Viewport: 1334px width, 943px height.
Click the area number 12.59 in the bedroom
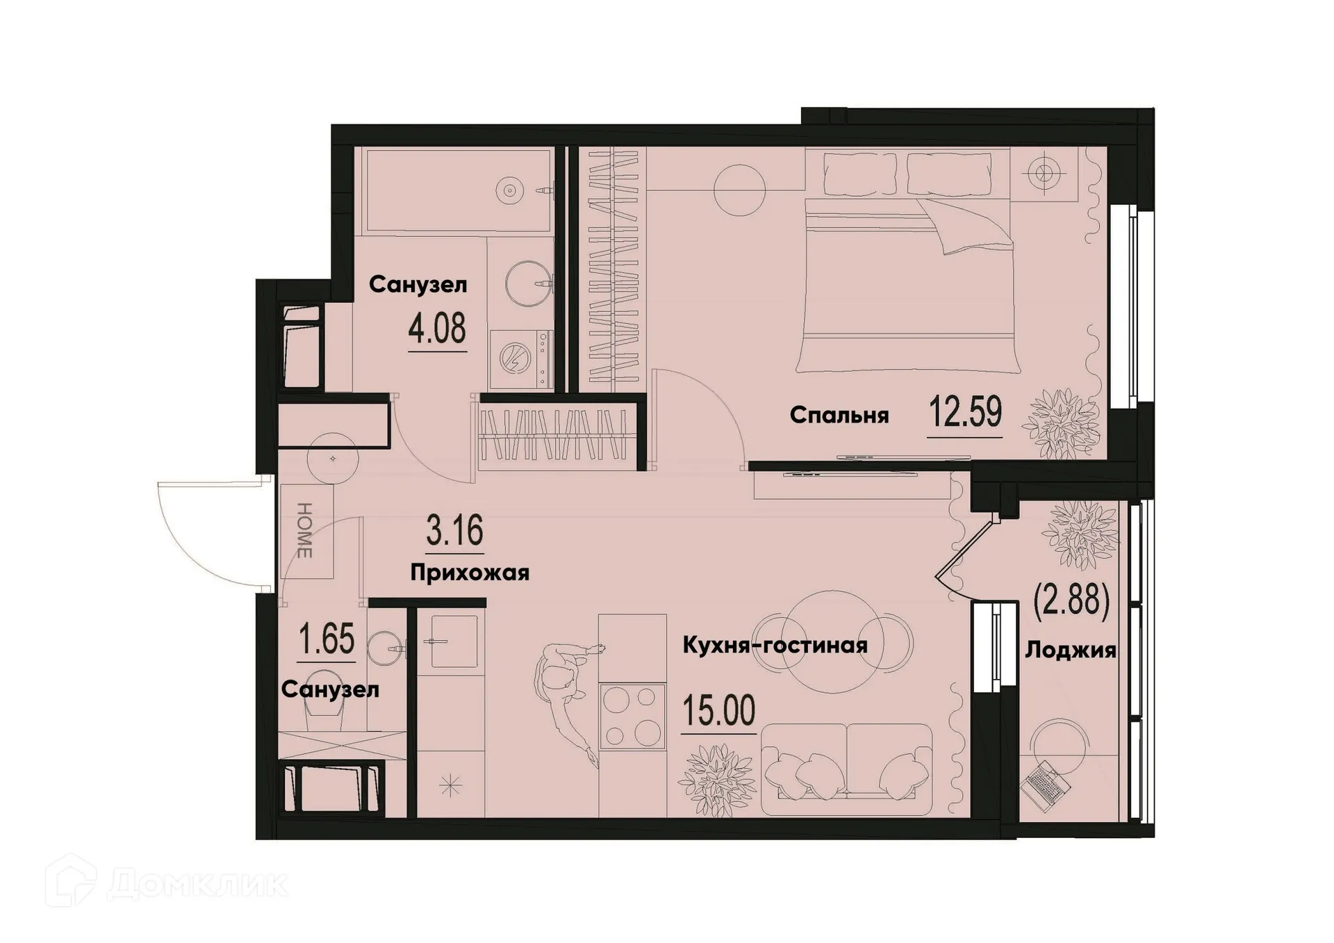pyautogui.click(x=965, y=413)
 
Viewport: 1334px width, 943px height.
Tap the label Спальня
pyautogui.click(x=839, y=416)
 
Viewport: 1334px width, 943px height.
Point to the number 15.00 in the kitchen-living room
pyautogui.click(x=718, y=710)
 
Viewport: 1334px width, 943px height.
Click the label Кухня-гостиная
pyautogui.click(x=775, y=646)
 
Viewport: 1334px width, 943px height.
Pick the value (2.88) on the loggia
pyautogui.click(x=1071, y=600)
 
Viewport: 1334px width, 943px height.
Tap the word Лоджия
pyautogui.click(x=1071, y=650)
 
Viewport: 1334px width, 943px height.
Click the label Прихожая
pyautogui.click(x=470, y=573)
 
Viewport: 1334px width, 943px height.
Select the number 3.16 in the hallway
pyautogui.click(x=454, y=532)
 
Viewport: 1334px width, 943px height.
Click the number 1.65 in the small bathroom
pyautogui.click(x=327, y=639)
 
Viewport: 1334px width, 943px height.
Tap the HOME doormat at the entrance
pyautogui.click(x=306, y=531)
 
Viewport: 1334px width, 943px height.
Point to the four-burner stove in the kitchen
pyautogui.click(x=632, y=716)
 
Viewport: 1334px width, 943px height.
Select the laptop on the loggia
pyautogui.click(x=1046, y=786)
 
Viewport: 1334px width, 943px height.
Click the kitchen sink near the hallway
pyautogui.click(x=453, y=641)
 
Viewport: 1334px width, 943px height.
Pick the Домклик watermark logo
pyautogui.click(x=167, y=884)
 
